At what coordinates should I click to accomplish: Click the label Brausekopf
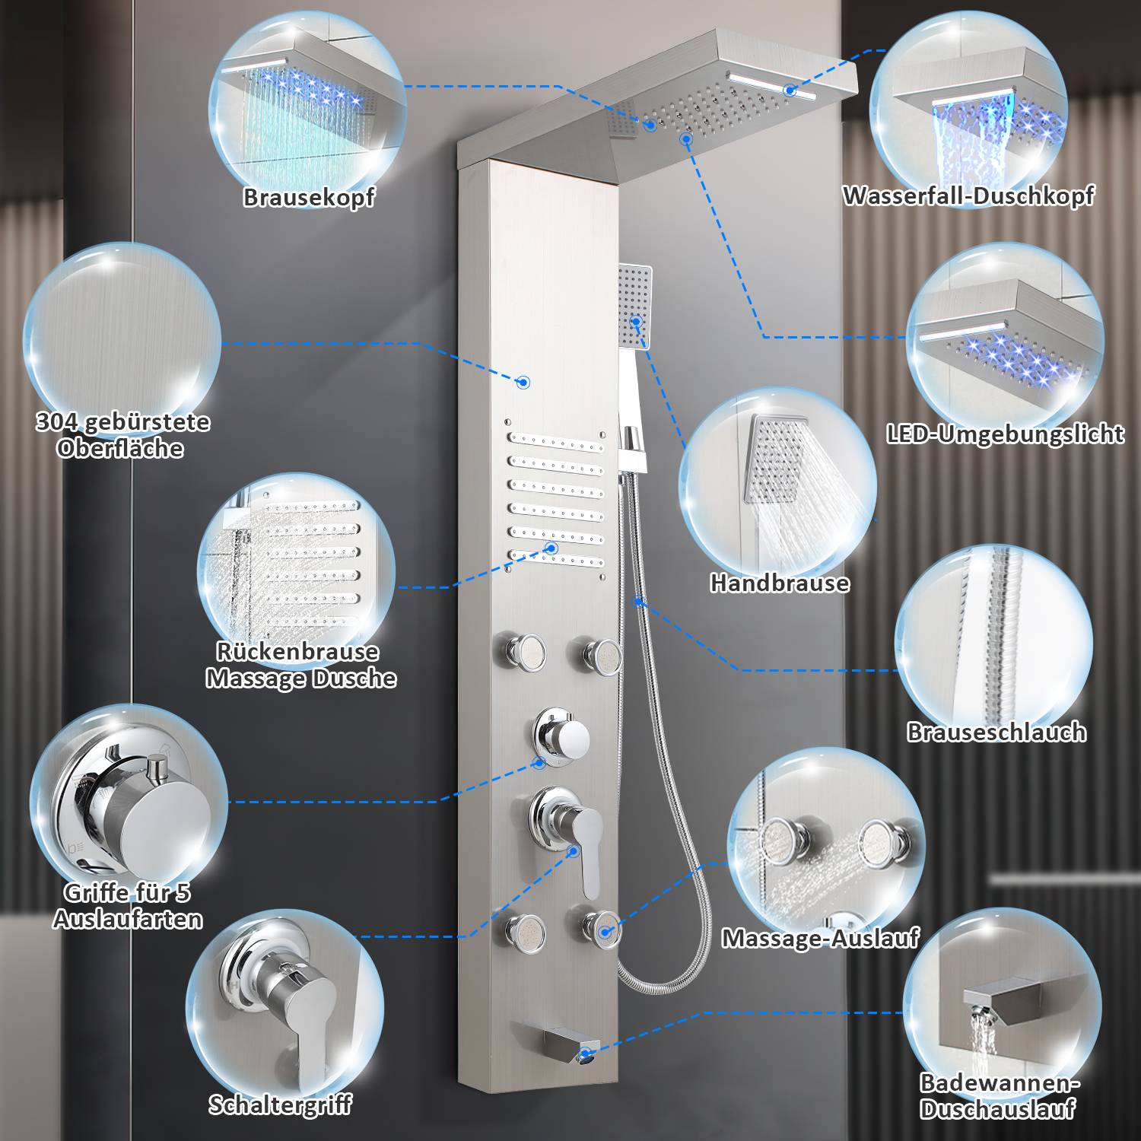(309, 198)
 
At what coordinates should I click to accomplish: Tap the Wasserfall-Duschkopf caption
(968, 196)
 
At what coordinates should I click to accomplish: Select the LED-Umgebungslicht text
(1004, 434)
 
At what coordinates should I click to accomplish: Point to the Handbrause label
(779, 583)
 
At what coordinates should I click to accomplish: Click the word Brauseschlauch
(996, 733)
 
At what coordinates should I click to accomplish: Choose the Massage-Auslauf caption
(820, 938)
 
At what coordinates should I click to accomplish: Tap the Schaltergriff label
(281, 1105)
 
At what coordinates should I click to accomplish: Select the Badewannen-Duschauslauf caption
(999, 1095)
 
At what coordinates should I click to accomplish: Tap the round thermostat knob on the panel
(562, 733)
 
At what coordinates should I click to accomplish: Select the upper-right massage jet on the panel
(597, 652)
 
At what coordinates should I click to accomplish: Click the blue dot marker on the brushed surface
(523, 383)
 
